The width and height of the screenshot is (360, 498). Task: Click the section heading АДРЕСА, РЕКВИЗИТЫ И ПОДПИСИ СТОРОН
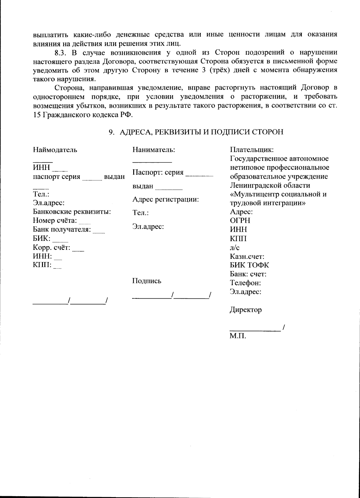(x=201, y=132)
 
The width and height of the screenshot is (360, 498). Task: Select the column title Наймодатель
(x=55, y=149)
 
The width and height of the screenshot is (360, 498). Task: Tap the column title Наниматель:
(x=154, y=149)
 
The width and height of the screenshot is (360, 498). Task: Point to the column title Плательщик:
(x=252, y=149)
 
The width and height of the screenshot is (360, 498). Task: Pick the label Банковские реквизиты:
(x=72, y=212)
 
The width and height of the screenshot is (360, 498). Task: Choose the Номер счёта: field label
(x=55, y=221)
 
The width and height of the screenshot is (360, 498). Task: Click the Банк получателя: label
(x=62, y=230)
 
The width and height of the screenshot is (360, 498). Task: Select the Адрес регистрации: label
(x=166, y=199)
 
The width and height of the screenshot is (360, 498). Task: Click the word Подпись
(x=147, y=281)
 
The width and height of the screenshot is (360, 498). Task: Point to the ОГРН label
(x=240, y=221)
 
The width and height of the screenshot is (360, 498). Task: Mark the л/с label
(x=235, y=247)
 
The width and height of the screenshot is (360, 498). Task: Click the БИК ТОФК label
(x=249, y=265)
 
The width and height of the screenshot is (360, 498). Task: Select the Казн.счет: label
(x=247, y=256)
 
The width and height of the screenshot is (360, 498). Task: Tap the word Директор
(x=246, y=310)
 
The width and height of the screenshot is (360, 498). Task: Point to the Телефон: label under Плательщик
(x=245, y=283)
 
